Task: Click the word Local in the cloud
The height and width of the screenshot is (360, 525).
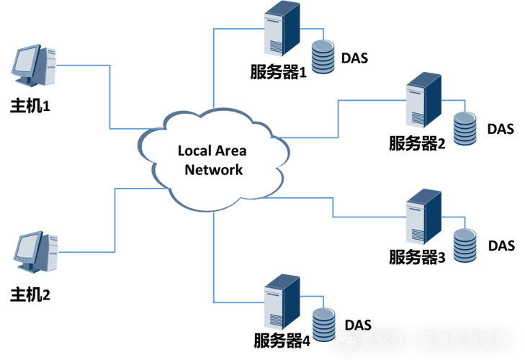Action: [x=194, y=151]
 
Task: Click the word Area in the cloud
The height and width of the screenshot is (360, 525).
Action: [x=230, y=151]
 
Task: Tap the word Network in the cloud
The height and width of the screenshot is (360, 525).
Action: [x=214, y=170]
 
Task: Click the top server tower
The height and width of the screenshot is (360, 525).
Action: [x=282, y=29]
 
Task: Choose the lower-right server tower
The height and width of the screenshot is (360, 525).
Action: [x=423, y=216]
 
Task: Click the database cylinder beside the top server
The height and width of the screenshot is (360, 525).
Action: [x=323, y=57]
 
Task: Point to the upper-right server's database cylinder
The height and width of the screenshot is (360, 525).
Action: [x=465, y=127]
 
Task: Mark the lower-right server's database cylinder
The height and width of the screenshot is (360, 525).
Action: [x=465, y=244]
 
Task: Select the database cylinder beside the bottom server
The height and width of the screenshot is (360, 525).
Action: [x=323, y=323]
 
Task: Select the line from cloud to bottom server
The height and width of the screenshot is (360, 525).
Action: [x=214, y=252]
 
